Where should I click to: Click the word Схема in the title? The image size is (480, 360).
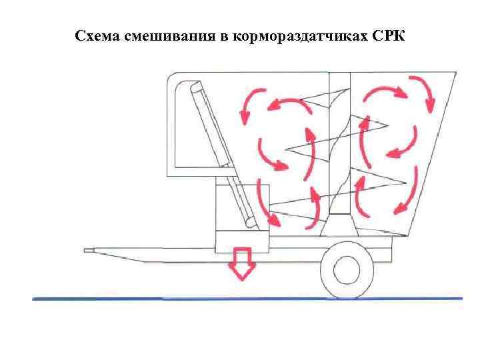point(97,35)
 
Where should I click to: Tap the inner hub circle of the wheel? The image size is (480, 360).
point(347,269)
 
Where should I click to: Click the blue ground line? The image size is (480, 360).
point(247,298)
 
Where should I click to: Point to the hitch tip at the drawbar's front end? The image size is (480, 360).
point(89,251)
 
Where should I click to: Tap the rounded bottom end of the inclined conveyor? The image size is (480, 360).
point(250,225)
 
